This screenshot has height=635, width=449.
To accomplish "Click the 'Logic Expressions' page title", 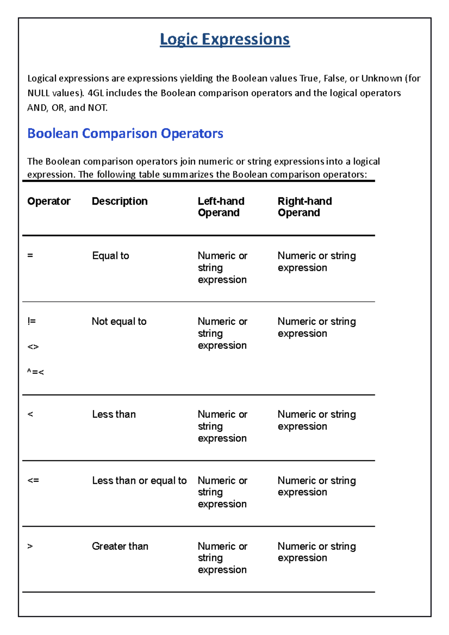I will click(224, 39).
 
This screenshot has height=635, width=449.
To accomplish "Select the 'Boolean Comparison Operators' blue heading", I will click(125, 134).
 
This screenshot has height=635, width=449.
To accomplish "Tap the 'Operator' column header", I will click(49, 201).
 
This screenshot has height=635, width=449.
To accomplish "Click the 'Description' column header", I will click(119, 201).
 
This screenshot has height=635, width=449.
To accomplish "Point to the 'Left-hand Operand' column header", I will click(221, 207).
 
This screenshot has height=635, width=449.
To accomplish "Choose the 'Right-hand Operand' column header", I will click(304, 207).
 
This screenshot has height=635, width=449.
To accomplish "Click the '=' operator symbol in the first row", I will click(30, 256).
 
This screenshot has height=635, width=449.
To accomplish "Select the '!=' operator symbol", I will click(31, 321).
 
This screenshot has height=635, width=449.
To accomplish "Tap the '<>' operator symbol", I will click(33, 347).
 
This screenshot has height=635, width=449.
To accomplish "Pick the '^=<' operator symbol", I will click(36, 372).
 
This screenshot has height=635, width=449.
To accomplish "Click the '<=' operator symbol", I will click(33, 480).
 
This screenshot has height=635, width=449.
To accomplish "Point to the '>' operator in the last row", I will click(30, 546).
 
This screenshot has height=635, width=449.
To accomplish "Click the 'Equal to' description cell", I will click(110, 256).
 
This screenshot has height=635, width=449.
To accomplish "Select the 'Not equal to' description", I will click(119, 322).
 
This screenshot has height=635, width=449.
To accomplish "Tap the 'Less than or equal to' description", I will click(139, 481).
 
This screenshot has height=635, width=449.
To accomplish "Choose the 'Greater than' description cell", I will click(120, 546).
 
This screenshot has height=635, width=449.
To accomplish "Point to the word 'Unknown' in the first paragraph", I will click(381, 79).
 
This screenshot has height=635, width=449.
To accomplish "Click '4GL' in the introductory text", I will click(95, 93).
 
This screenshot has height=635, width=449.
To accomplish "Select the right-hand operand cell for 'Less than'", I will click(316, 420).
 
